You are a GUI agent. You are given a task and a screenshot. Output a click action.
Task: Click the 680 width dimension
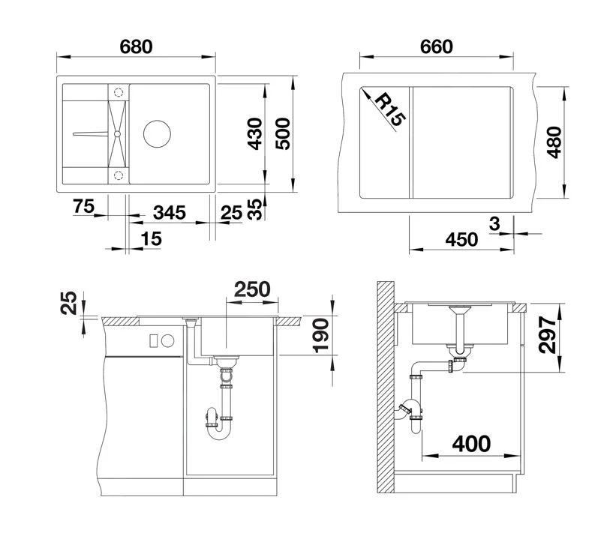click(136, 46)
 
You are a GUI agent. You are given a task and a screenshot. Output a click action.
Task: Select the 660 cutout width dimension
click(436, 46)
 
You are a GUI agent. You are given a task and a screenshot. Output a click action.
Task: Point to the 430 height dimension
click(255, 134)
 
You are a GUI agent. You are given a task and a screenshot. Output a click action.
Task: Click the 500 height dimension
click(283, 134)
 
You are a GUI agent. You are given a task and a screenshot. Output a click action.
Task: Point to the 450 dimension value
click(461, 239)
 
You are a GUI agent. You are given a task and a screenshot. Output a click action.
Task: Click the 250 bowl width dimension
click(252, 289)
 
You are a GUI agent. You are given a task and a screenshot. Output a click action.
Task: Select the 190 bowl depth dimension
click(321, 333)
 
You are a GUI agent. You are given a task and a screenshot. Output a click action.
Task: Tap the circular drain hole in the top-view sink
click(159, 133)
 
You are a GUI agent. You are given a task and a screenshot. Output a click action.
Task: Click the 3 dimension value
click(493, 223)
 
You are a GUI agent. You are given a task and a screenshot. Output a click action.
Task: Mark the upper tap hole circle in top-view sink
click(117, 91)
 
